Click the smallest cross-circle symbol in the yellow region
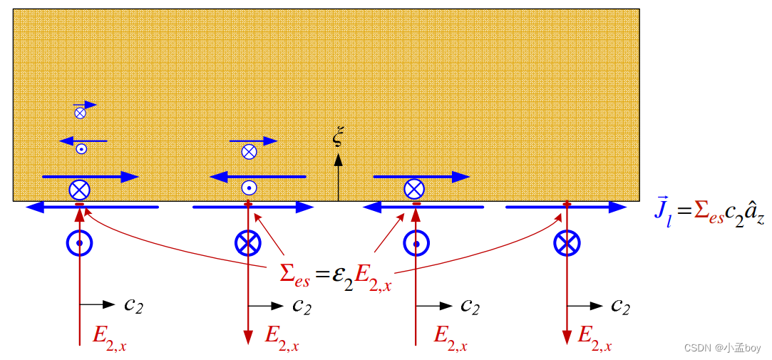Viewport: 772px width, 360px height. [80, 112]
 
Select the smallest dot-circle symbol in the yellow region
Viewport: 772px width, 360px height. [81, 149]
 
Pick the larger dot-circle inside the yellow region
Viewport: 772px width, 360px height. [249, 187]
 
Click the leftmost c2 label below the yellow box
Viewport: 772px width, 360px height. [134, 305]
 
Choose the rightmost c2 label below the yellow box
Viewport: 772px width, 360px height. [621, 305]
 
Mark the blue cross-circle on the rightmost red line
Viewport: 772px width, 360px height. [567, 244]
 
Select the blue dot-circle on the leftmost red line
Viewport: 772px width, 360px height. [80, 244]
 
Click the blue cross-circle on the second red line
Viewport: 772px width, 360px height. [248, 244]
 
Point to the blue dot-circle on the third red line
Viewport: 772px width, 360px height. [416, 244]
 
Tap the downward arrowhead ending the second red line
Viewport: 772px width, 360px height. [248, 338]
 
